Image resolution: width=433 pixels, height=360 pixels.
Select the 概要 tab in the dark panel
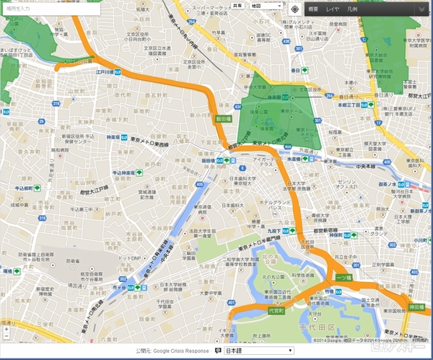pos(312,9)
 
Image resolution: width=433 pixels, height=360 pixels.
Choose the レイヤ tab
pos(332,9)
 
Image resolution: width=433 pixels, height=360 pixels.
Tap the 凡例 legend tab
pos(351,9)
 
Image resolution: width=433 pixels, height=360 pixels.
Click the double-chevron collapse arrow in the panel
pos(422,9)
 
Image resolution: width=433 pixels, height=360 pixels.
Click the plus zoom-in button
pos(6,329)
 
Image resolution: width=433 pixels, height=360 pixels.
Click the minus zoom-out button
pos(6,337)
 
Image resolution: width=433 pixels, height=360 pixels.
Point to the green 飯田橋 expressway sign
pos(222,119)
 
